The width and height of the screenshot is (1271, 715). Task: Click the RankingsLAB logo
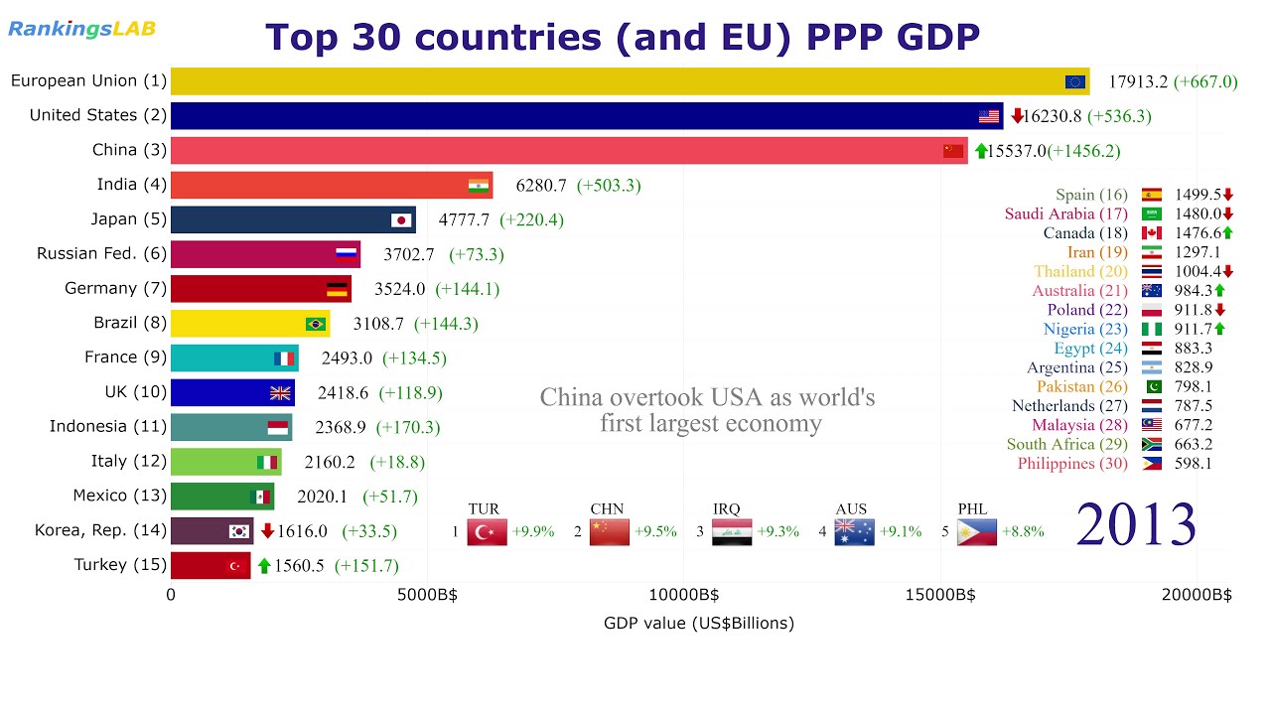[x=81, y=29]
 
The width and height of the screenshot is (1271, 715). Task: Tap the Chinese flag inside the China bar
[x=953, y=151]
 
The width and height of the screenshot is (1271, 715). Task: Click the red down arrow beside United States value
[x=1016, y=116]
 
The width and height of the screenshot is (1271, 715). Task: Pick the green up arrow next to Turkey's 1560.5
[x=264, y=566]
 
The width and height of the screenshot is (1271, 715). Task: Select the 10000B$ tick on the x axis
[x=683, y=595]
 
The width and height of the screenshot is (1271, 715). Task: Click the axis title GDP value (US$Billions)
[x=698, y=624]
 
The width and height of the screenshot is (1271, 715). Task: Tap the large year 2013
[x=1136, y=523]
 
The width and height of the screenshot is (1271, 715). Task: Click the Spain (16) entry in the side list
[x=1091, y=195]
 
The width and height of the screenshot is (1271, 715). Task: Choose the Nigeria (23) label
[x=1085, y=329]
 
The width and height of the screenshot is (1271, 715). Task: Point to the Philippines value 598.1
[x=1193, y=464]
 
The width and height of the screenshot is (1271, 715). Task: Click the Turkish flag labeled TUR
[x=487, y=532]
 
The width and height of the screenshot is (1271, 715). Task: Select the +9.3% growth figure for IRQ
[x=777, y=531]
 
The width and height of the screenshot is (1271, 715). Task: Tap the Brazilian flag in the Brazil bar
[x=316, y=324]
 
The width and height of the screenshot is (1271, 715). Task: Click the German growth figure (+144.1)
[x=453, y=289]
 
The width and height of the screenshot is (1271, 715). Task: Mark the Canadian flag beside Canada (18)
[x=1152, y=233]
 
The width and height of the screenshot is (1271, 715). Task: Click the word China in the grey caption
[x=568, y=398]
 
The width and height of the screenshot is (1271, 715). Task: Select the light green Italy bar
[x=225, y=462]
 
